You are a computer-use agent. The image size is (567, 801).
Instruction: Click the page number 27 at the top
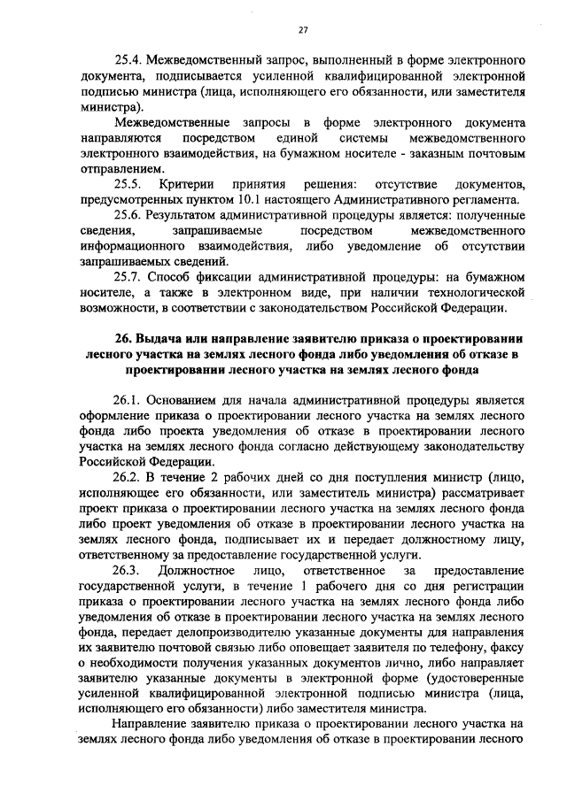click(x=302, y=30)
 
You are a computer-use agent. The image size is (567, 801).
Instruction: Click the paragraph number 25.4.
click(x=126, y=60)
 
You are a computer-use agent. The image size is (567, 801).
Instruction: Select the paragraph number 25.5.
click(x=127, y=183)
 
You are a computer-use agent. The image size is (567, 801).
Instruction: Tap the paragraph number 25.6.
click(x=127, y=215)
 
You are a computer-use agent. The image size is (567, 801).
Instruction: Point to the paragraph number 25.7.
click(x=127, y=278)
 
